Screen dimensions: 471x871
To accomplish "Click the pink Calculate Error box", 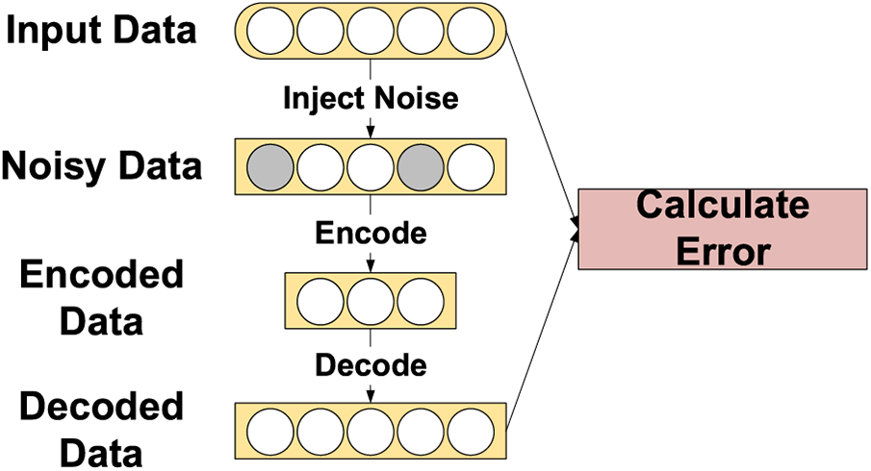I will pos(722,228).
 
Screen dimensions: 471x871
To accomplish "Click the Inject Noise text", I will pos(370,97).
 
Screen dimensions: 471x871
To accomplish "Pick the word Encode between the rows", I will pos(370,233).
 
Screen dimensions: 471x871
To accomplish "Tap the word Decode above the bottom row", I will pos(370,366).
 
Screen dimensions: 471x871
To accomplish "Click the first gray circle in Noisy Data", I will pos(270,165).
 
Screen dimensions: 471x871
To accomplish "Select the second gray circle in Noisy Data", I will pos(421,165).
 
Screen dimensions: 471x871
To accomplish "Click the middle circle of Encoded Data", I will pos(371,299).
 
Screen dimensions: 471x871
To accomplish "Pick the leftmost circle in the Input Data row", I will pos(270,31).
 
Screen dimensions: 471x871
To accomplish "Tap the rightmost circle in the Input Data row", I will pos(471,31).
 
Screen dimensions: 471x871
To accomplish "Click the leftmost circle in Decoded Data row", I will pos(270,431).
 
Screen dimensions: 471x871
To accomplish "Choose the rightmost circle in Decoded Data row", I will pos(471,431).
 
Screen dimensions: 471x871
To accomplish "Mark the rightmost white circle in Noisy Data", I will pos(471,165).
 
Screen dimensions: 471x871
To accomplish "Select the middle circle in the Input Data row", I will pos(371,31).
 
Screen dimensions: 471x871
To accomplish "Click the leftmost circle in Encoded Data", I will pos(320,299).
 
